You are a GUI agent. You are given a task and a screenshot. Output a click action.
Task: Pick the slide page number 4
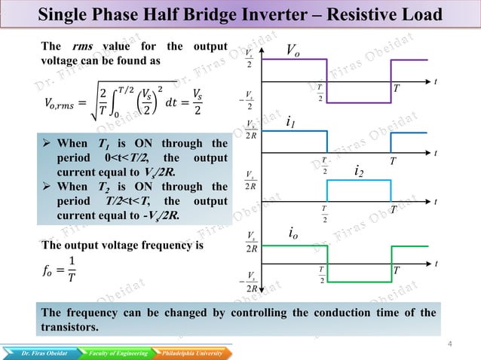pyautogui.click(x=449, y=345)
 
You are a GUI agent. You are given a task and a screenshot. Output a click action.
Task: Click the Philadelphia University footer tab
pyautogui.click(x=190, y=352)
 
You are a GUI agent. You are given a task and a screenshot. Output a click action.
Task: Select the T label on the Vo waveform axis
pyautogui.click(x=397, y=90)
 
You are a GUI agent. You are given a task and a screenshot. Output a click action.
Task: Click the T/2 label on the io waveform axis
pyautogui.click(x=322, y=275)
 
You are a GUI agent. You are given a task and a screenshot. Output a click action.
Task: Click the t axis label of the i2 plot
pyautogui.click(x=436, y=201)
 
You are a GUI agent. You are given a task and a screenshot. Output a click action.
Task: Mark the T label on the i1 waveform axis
pyautogui.click(x=393, y=161)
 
